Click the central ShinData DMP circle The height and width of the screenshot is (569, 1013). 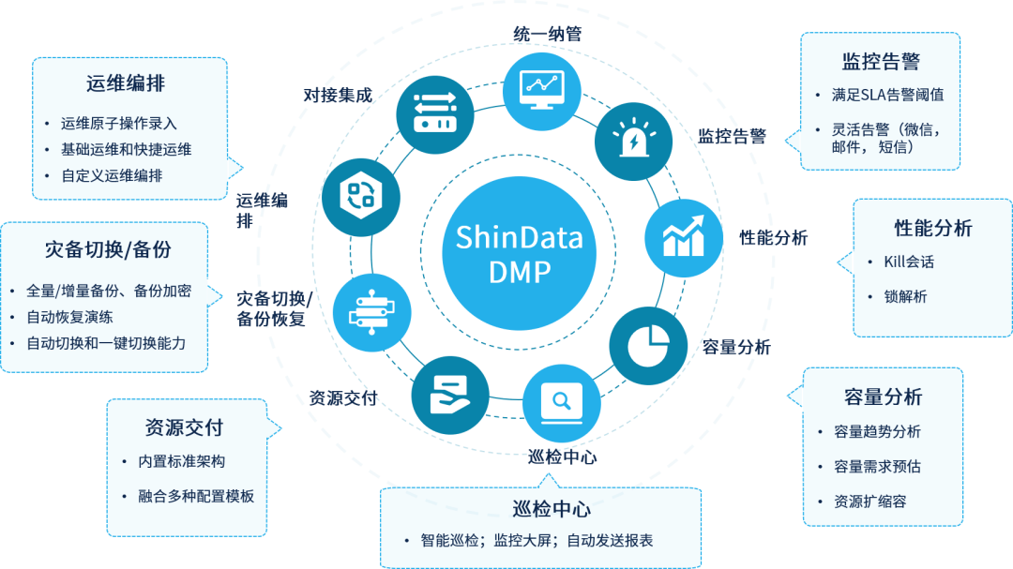click(519, 253)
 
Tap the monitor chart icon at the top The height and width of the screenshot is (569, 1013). click(541, 84)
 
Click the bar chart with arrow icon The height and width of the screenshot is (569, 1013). click(683, 235)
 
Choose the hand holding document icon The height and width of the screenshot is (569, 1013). click(449, 396)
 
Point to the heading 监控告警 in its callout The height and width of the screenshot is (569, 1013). click(880, 62)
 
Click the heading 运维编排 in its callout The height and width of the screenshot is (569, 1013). click(126, 83)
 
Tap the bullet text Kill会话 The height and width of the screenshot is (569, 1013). click(909, 262)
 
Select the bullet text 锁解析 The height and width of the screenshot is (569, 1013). click(905, 296)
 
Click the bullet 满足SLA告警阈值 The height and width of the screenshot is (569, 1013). click(887, 95)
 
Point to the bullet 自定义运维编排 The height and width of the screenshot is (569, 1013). click(112, 175)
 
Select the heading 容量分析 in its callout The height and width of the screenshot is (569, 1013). click(883, 397)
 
